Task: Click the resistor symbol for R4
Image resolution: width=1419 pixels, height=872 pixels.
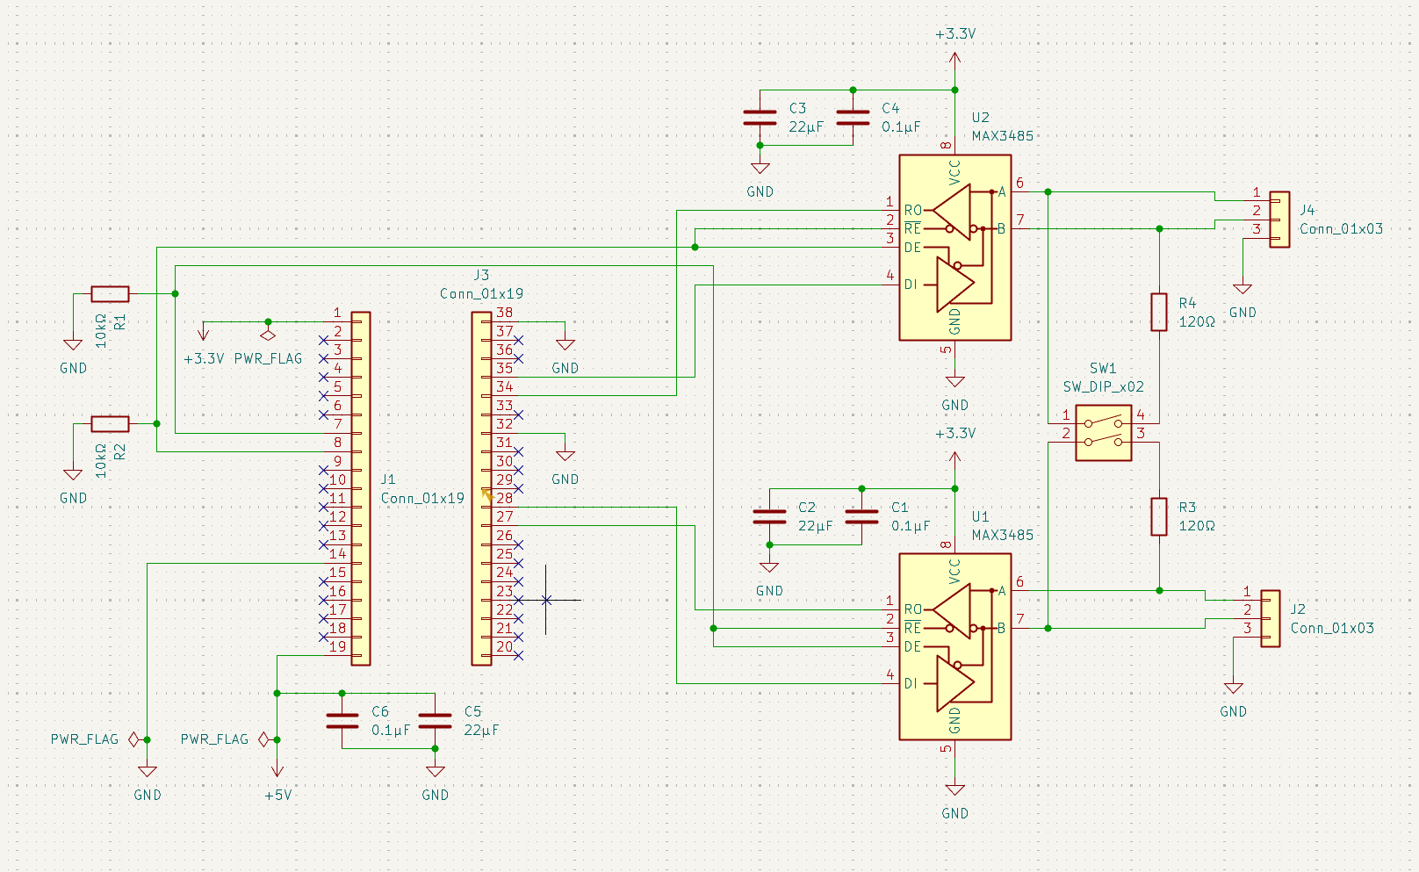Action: coord(1158,312)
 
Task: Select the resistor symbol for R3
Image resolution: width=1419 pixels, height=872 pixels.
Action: coord(1158,516)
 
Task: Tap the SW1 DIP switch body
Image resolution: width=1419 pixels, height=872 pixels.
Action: coord(1103,433)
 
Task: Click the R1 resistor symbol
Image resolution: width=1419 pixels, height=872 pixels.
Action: coord(111,293)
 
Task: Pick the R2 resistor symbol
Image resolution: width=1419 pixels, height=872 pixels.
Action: coord(111,423)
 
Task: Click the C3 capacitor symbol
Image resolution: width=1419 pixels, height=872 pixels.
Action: coord(760,118)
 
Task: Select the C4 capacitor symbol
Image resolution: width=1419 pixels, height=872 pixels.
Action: coord(853,118)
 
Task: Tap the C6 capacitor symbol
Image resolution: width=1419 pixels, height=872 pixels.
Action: coord(342,721)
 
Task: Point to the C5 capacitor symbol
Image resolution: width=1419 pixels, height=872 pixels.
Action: coord(436,721)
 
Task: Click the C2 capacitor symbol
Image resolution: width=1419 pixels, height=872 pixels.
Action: coord(769,516)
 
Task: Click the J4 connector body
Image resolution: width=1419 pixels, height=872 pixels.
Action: coord(1279,220)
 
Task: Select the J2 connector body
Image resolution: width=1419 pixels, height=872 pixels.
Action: coord(1270,618)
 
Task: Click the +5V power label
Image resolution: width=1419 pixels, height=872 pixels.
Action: coord(278,796)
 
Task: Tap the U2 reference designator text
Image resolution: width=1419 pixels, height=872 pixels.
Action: coord(980,118)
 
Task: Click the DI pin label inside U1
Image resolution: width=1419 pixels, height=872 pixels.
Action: coord(911,683)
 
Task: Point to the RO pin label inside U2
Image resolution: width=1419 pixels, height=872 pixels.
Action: coord(913,210)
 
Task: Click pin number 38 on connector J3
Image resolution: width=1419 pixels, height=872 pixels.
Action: coord(504,312)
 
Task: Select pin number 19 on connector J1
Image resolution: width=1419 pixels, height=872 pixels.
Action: coord(338,646)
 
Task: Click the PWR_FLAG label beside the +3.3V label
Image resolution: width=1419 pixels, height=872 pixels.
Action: coord(268,358)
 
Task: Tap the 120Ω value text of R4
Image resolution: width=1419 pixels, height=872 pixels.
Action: coord(1197,322)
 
